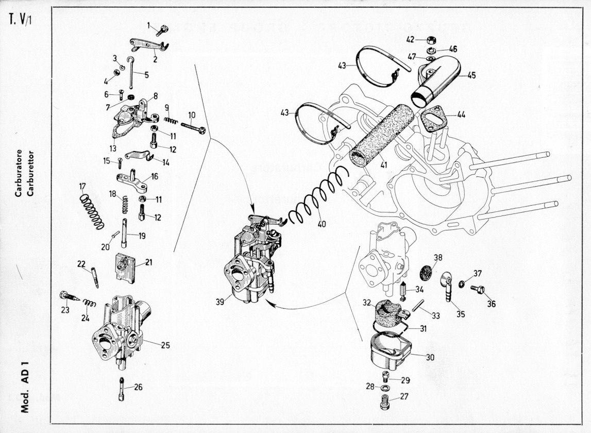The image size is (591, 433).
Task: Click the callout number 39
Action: coord(220,301)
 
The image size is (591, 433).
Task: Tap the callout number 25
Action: coord(165,345)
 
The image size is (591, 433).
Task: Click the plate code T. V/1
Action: coord(21,23)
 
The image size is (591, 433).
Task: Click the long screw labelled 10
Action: coord(193,126)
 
